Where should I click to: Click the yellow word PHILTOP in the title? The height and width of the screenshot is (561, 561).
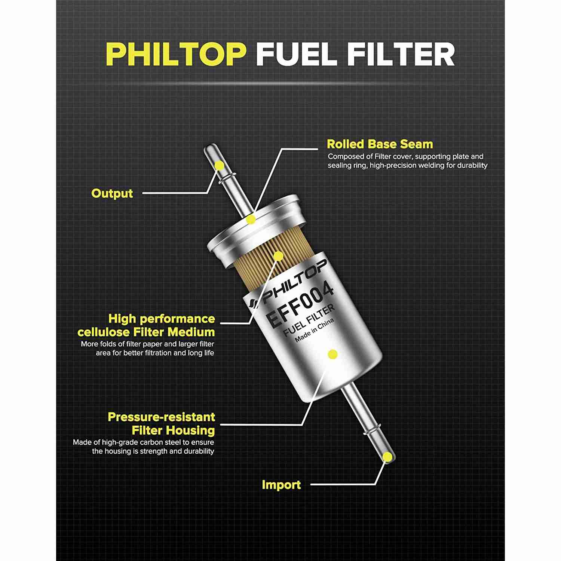pos(176,54)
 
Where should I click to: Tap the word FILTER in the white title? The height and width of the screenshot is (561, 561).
pos(401,54)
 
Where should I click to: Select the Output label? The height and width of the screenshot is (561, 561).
pos(112,193)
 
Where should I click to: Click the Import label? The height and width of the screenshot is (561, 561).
pos(281,485)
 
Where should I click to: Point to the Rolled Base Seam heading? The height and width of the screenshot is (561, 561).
pos(380,144)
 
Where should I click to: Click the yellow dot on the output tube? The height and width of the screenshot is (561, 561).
pos(220,165)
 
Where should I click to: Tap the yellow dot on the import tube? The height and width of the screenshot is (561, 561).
pos(389,456)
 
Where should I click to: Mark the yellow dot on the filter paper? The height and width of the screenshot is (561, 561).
pos(279,256)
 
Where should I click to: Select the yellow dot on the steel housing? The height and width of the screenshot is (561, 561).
pos(332,354)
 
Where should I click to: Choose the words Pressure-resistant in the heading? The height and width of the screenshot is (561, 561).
pos(161,417)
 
